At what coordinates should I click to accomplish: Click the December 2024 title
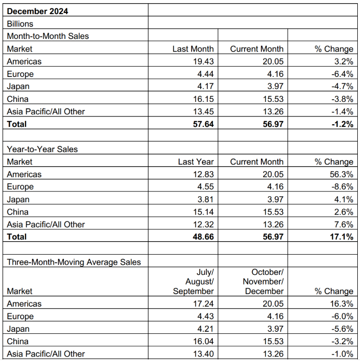(x=37, y=11)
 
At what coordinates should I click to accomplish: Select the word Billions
(x=20, y=24)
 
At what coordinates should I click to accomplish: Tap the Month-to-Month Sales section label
(x=48, y=36)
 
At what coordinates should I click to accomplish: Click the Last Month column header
(x=193, y=49)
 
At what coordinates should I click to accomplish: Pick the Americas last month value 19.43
(x=204, y=61)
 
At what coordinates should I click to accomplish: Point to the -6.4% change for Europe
(x=342, y=74)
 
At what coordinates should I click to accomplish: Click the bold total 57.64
(x=204, y=124)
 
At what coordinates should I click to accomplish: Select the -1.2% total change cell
(x=342, y=124)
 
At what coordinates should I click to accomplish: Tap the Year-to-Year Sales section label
(x=42, y=149)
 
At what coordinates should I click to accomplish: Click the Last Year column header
(x=196, y=162)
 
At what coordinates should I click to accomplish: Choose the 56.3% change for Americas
(x=342, y=175)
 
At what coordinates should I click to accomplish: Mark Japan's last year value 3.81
(x=206, y=199)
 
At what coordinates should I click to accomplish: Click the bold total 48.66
(x=204, y=237)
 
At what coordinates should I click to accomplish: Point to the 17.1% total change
(x=342, y=237)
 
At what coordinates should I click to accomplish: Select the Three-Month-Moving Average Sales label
(x=74, y=262)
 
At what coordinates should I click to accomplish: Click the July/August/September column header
(x=193, y=281)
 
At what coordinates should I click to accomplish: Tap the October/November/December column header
(x=263, y=281)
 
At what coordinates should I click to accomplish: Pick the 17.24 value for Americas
(x=204, y=304)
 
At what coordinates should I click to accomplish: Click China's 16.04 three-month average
(x=204, y=341)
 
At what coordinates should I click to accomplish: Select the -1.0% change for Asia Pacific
(x=342, y=354)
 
